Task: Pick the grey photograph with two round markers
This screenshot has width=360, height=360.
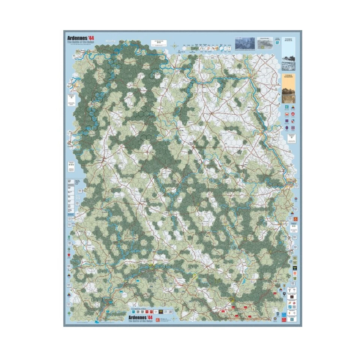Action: [x=265, y=43]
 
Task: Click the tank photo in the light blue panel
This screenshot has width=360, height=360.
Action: [x=288, y=62]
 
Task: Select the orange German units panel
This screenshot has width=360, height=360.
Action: [x=288, y=88]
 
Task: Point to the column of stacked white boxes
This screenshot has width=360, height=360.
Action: [x=70, y=195]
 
